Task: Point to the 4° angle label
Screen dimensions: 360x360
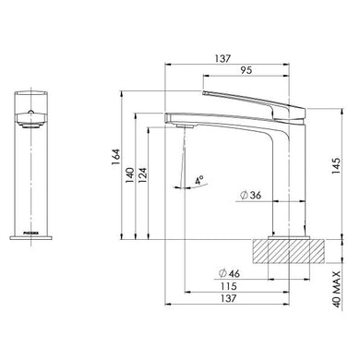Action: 198,181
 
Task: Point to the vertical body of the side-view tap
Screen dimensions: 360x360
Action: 282,185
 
